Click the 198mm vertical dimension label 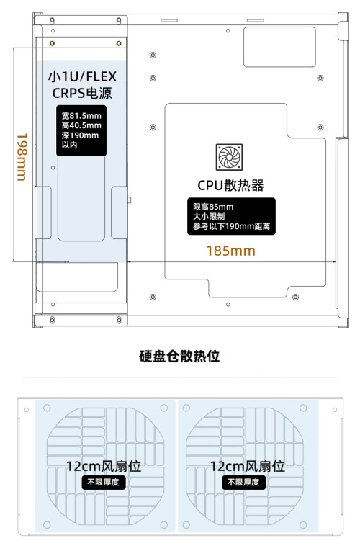[x=22, y=157]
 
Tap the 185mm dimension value [x=230, y=251]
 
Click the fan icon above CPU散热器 [x=230, y=157]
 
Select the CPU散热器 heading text [x=230, y=185]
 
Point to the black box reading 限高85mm [x=231, y=216]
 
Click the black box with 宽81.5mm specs [x=81, y=130]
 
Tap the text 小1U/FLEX [x=82, y=76]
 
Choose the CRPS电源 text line [x=82, y=93]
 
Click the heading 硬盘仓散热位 [x=179, y=356]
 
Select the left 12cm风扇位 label [x=104, y=466]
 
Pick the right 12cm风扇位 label [x=247, y=466]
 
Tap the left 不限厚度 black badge [x=103, y=482]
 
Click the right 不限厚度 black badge [x=243, y=482]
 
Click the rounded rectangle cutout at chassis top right [x=279, y=47]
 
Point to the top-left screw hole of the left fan [x=47, y=408]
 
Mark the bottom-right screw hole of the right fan [x=303, y=525]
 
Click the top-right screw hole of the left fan [x=163, y=408]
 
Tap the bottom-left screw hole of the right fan [x=186, y=525]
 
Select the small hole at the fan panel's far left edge [x=27, y=410]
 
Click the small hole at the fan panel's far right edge [x=335, y=410]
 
